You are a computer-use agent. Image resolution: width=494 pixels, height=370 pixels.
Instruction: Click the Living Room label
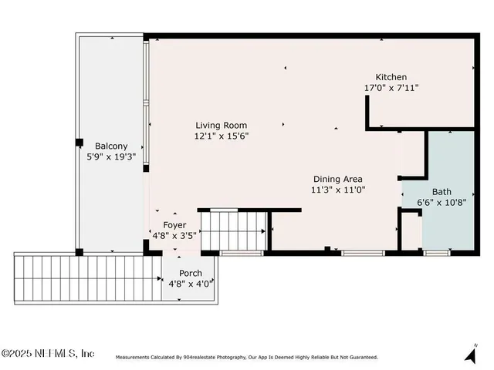222,125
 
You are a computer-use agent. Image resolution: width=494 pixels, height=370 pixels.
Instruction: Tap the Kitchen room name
391,77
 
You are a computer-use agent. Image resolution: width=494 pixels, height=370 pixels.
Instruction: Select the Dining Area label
337,179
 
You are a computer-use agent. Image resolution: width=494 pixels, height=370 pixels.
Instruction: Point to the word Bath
442,192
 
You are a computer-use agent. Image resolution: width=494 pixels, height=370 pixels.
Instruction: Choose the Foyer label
174,225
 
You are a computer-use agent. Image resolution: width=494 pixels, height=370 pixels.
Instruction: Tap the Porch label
191,274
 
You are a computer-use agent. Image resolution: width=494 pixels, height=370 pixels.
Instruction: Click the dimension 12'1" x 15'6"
222,136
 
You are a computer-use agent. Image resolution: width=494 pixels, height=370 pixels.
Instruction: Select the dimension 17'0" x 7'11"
391,88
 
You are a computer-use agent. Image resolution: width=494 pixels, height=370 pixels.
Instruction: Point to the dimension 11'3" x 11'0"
337,189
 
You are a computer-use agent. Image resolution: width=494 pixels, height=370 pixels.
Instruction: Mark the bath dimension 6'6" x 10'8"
442,203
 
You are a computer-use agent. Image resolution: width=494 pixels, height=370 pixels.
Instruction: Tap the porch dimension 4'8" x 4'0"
191,284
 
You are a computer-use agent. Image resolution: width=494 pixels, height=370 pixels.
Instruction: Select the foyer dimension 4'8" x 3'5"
174,235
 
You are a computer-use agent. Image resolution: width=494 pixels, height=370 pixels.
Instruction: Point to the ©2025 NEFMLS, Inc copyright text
48,354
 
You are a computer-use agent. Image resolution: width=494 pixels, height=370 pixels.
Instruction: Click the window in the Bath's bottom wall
437,252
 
